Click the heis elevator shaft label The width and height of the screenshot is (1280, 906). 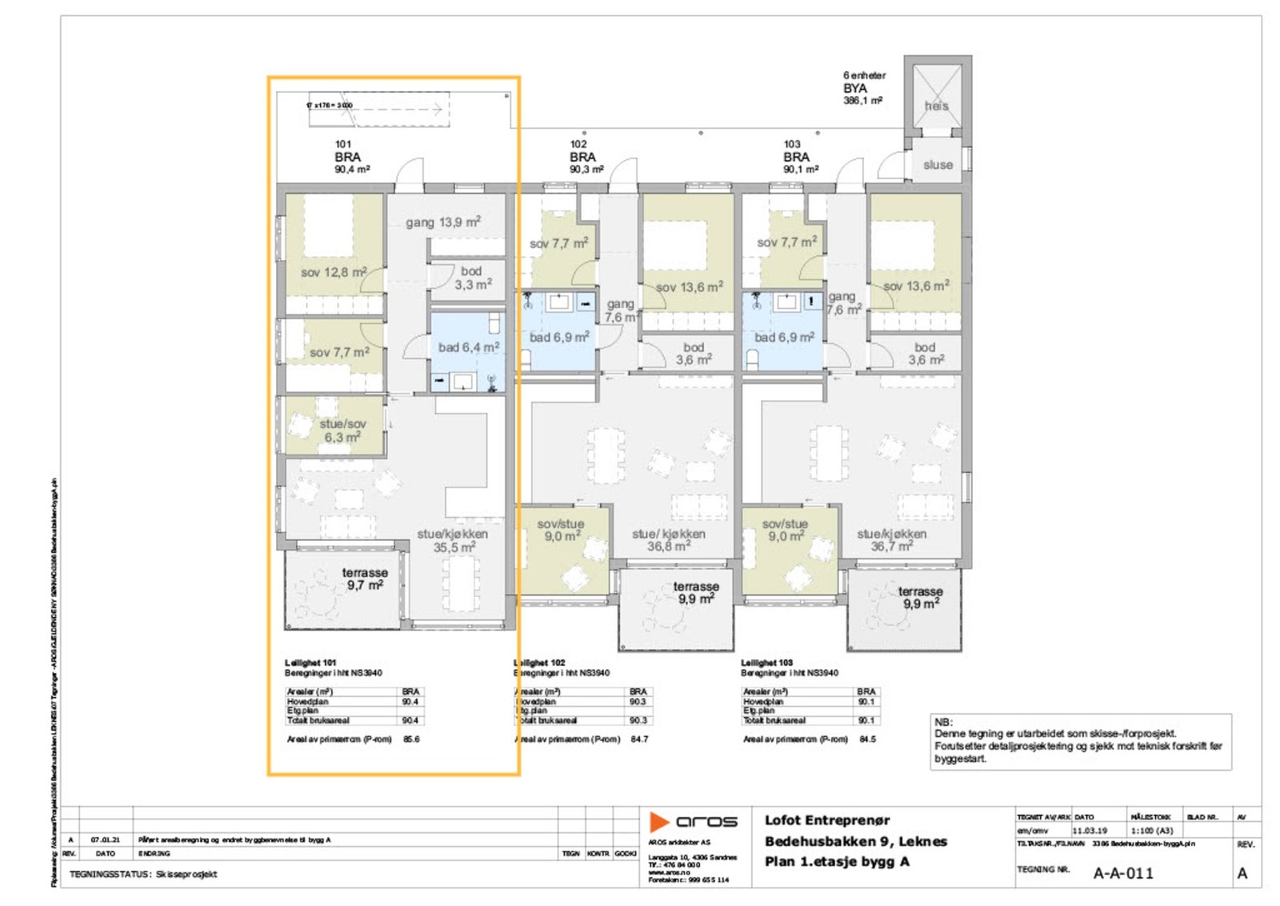coord(936,106)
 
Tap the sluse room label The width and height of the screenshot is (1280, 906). coord(938,165)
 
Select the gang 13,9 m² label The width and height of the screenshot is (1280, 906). coord(442,222)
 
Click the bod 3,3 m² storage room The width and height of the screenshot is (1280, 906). coord(472,278)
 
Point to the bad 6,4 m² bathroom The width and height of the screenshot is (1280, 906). coord(468,347)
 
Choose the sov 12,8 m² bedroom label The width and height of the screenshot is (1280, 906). coord(334,272)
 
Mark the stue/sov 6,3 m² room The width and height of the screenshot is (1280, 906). coord(342,431)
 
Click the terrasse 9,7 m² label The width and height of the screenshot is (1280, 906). coord(365,579)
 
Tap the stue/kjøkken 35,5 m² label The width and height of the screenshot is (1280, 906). coord(453,540)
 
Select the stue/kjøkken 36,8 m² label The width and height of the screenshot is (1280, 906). coord(669,540)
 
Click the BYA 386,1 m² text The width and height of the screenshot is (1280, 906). coord(862,94)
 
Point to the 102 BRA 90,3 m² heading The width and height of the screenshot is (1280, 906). coord(584,157)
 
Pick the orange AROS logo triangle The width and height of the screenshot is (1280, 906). coord(658,822)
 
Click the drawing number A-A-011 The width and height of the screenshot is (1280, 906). coord(1123,873)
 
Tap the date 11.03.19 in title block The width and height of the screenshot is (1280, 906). coord(1090,831)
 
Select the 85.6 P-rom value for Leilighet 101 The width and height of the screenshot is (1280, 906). coord(411,740)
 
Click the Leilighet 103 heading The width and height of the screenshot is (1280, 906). coord(766,663)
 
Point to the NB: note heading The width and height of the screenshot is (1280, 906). coord(944,722)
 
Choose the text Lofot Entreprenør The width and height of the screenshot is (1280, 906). coord(827,820)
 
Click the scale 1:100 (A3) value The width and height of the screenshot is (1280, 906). coord(1152,831)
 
